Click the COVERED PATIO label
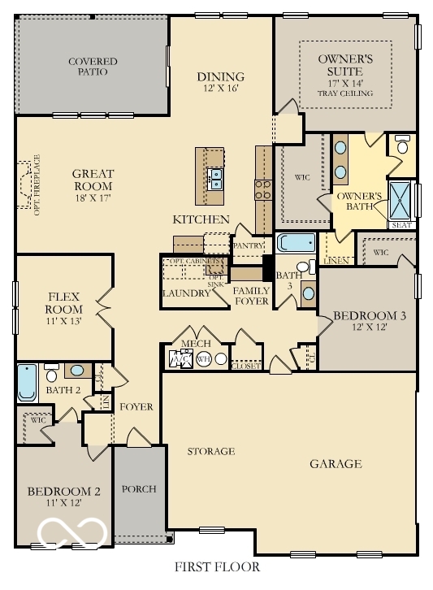pos(93,67)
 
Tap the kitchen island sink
pos(216,178)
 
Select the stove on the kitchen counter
pos(264,189)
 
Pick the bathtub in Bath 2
pos(26,384)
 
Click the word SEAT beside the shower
pos(401,225)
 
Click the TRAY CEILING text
pos(345,93)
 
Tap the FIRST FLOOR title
pos(217,566)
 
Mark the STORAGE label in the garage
pos(211,451)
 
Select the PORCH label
pos(138,489)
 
